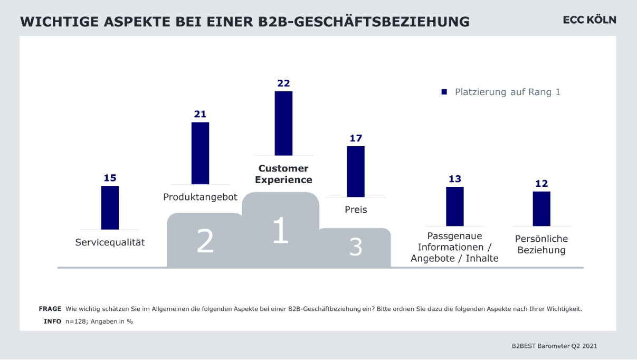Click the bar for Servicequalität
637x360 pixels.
(110, 207)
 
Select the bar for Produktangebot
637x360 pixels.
(200, 153)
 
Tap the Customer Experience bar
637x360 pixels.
(283, 123)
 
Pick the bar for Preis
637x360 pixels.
(356, 172)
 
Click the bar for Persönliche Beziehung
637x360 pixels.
(541, 209)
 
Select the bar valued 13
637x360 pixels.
(455, 206)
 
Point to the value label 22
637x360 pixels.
(283, 83)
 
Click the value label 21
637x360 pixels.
(200, 114)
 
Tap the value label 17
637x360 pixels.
(356, 138)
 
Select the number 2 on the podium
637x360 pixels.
(205, 241)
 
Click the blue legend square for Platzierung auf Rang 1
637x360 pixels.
(444, 92)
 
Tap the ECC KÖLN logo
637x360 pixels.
(590, 20)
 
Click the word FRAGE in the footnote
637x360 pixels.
(50, 309)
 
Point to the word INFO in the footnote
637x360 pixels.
(52, 321)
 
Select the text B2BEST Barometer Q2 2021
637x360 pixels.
(554, 346)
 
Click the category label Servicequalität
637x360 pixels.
(110, 243)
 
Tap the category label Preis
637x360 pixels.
(356, 210)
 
